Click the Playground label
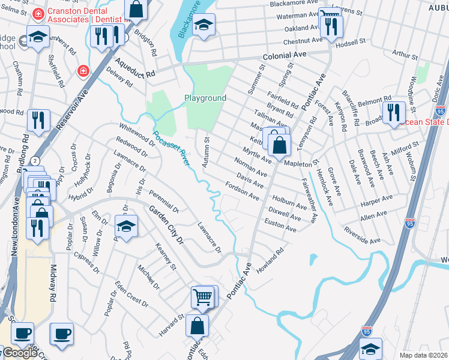click(x=205, y=98)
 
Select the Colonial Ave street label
click(x=284, y=54)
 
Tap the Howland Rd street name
click(x=270, y=260)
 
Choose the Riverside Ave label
click(x=362, y=235)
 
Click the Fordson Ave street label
click(x=242, y=190)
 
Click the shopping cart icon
click(x=203, y=296)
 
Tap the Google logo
click(x=19, y=353)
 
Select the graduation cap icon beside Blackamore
click(x=204, y=25)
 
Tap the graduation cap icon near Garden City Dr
click(x=126, y=226)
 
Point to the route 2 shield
click(x=35, y=161)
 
